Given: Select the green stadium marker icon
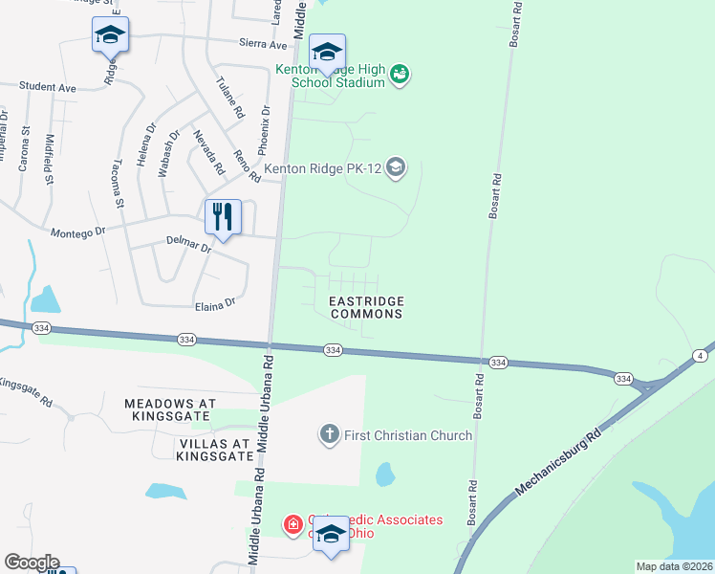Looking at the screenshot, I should click(x=401, y=75).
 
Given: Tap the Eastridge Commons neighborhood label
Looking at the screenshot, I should click(x=366, y=307).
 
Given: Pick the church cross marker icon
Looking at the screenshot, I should click(x=329, y=435).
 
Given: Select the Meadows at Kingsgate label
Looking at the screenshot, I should click(x=184, y=404).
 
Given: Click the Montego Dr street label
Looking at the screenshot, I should click(x=77, y=233).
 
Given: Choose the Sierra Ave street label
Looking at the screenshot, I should click(x=263, y=44).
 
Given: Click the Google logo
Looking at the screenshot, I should click(x=32, y=563).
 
